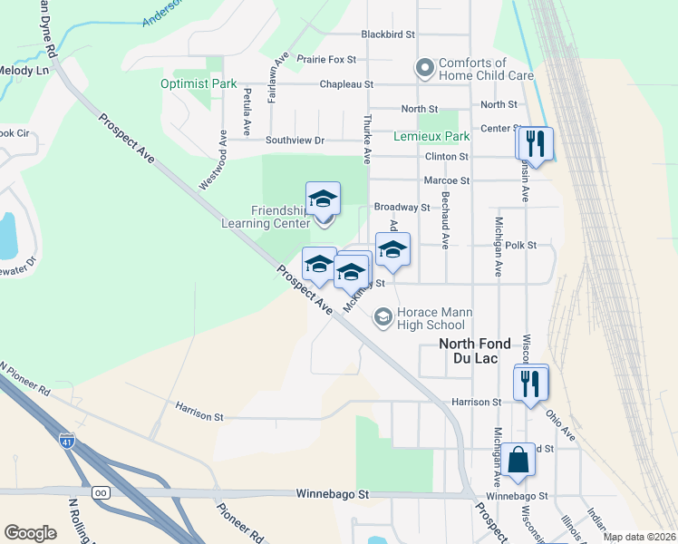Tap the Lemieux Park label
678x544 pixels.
[x=431, y=136]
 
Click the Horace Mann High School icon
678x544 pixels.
[x=383, y=316]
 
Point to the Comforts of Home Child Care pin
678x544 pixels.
[x=423, y=67]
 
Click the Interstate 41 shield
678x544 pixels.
[x=67, y=441]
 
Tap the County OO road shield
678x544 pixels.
[x=101, y=492]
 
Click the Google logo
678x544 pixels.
[x=30, y=533]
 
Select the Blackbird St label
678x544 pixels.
[x=387, y=34]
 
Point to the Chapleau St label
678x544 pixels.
[x=346, y=84]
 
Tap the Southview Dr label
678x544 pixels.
[x=295, y=141]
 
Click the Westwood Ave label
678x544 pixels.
[x=214, y=158]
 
